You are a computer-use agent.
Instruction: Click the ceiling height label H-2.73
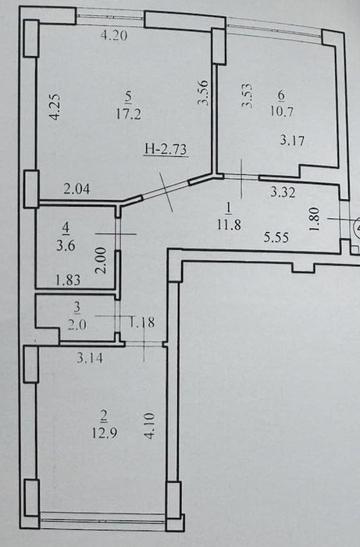[x=166, y=149]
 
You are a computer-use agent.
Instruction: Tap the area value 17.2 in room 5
[x=129, y=114]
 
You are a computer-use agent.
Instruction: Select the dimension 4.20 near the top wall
[x=113, y=35]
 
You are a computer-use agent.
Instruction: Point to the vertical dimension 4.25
[x=55, y=107]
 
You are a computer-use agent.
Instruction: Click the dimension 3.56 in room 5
[x=203, y=93]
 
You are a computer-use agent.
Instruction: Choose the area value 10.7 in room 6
[x=281, y=112]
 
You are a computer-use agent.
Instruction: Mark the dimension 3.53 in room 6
[x=248, y=95]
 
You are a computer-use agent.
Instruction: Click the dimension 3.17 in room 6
[x=292, y=141]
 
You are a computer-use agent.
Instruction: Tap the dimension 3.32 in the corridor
[x=283, y=192]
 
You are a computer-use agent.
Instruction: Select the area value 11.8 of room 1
[x=229, y=225]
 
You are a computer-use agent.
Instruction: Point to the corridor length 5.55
[x=276, y=238]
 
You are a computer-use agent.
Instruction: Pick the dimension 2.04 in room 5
[x=77, y=189]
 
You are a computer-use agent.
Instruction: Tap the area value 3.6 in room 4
[x=66, y=245]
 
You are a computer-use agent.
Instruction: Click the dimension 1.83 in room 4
[x=68, y=280]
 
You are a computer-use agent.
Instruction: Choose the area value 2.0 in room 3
[x=77, y=325]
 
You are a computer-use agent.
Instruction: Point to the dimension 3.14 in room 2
[x=90, y=358]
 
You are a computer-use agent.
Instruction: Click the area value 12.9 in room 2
[x=105, y=433]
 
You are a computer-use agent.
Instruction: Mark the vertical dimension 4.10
[x=149, y=426]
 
